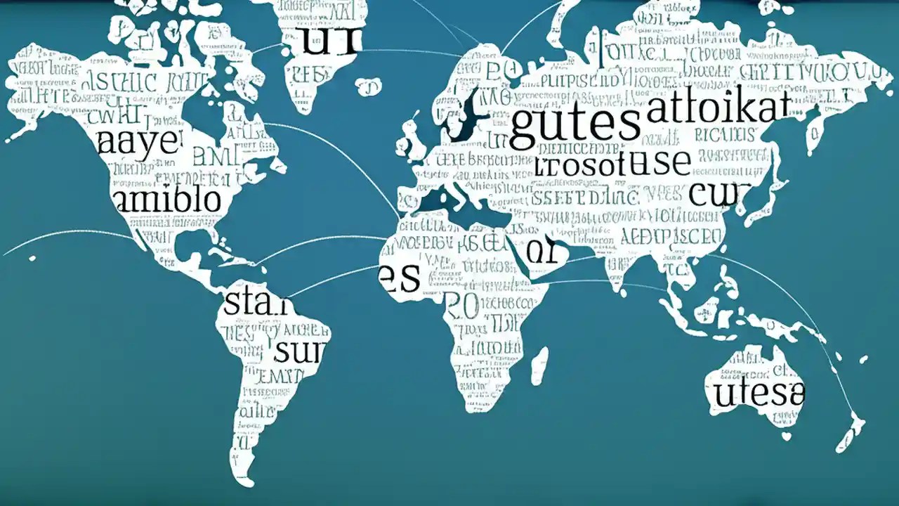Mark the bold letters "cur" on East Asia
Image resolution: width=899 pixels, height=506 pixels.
click(x=720, y=193)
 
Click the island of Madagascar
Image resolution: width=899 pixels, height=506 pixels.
click(x=539, y=365)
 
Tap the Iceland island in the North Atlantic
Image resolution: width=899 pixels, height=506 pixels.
click(x=367, y=87)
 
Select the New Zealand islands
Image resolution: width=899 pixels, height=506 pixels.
click(x=853, y=429)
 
